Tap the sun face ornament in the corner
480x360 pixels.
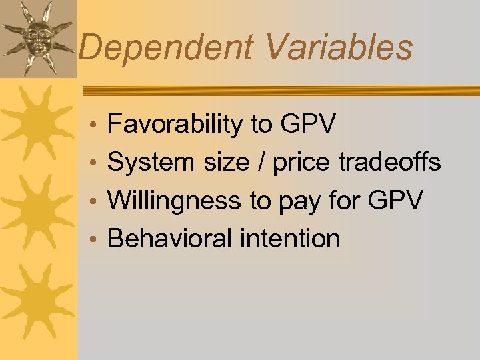coord(37,37)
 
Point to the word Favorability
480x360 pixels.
coord(176,124)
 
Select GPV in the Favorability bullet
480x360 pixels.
coord(309,124)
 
